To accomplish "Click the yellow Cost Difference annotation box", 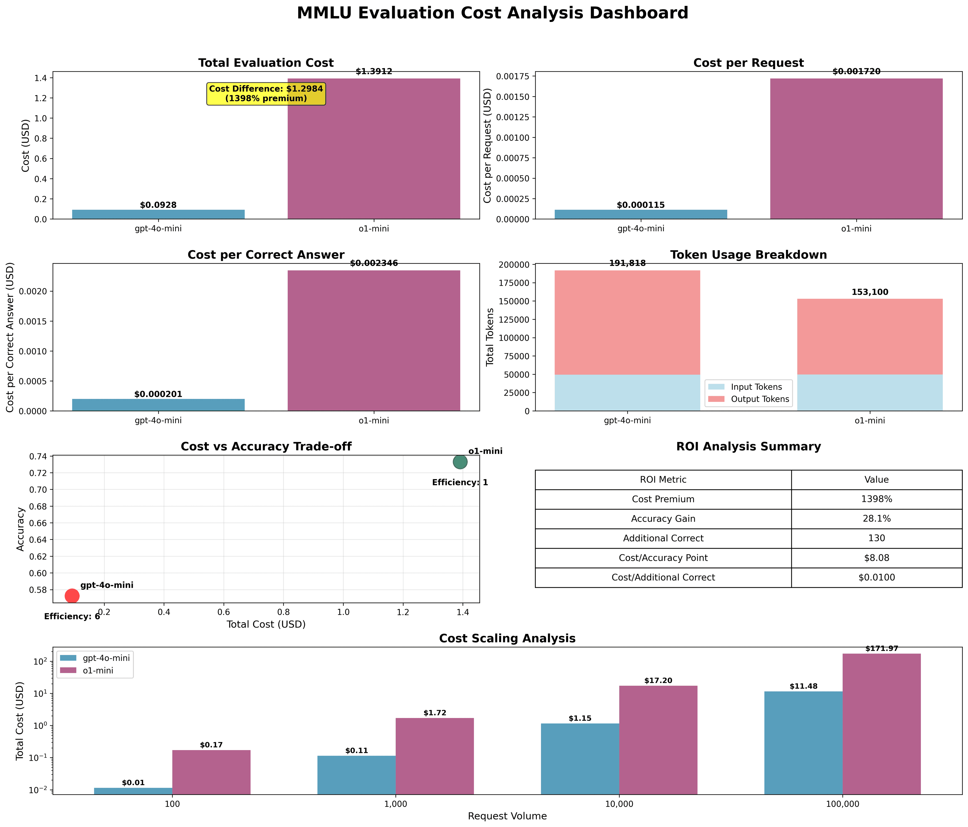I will point(266,94).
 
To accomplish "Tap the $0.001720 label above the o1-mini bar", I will point(856,72).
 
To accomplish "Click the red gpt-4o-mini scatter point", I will point(72,596).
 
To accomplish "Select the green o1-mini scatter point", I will point(460,462).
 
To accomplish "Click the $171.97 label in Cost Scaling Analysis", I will point(881,648).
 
